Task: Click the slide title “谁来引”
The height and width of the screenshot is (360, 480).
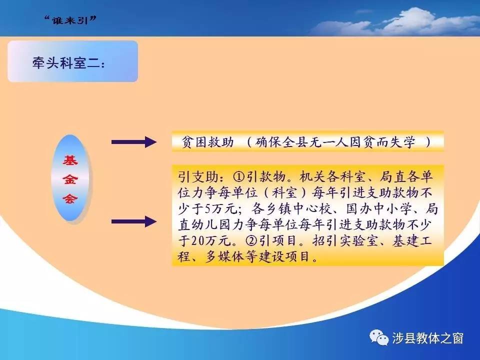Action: pyautogui.click(x=70, y=20)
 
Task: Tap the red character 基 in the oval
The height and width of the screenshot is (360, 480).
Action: pyautogui.click(x=70, y=160)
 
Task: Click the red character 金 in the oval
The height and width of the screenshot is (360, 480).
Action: pyautogui.click(x=70, y=179)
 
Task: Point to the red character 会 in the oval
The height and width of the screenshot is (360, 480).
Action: pyautogui.click(x=70, y=198)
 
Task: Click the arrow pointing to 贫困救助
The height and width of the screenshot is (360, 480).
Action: pyautogui.click(x=134, y=142)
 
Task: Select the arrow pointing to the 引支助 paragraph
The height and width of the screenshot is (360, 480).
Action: pyautogui.click(x=134, y=221)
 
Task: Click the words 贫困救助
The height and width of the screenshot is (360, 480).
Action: pyautogui.click(x=207, y=142)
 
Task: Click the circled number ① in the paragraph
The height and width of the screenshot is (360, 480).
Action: pyautogui.click(x=239, y=176)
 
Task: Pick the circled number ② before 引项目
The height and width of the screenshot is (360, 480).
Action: pyautogui.click(x=251, y=240)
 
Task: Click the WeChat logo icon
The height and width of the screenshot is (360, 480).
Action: pyautogui.click(x=378, y=337)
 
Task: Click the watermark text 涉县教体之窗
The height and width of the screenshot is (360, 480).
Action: pyautogui.click(x=427, y=338)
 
